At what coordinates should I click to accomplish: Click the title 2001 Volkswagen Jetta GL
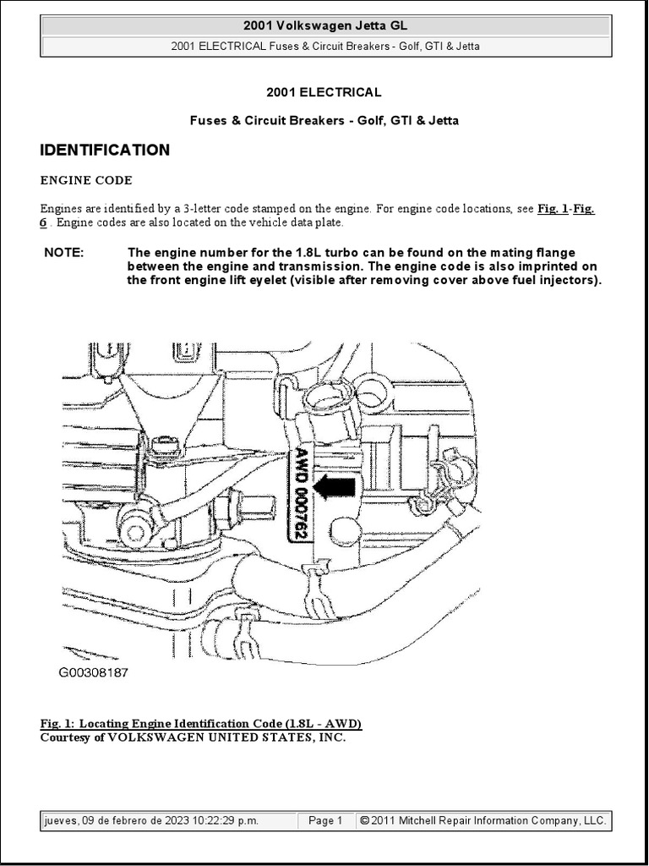click(x=324, y=26)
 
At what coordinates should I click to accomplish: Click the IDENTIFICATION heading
click(x=105, y=151)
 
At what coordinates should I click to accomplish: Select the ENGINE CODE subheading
click(x=86, y=180)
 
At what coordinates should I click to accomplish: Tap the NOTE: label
click(x=64, y=252)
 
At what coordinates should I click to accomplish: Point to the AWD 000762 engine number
click(x=302, y=493)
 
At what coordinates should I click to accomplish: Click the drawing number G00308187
click(x=93, y=673)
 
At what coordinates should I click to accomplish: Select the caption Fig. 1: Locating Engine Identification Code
click(x=201, y=724)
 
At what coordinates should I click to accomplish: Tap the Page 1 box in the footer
click(x=325, y=820)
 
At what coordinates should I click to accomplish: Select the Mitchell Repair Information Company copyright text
click(x=483, y=820)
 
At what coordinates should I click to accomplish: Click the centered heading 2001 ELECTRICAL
click(x=324, y=92)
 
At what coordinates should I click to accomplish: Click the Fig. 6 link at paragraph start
click(x=44, y=222)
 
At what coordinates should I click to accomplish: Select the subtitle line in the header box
click(x=324, y=47)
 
